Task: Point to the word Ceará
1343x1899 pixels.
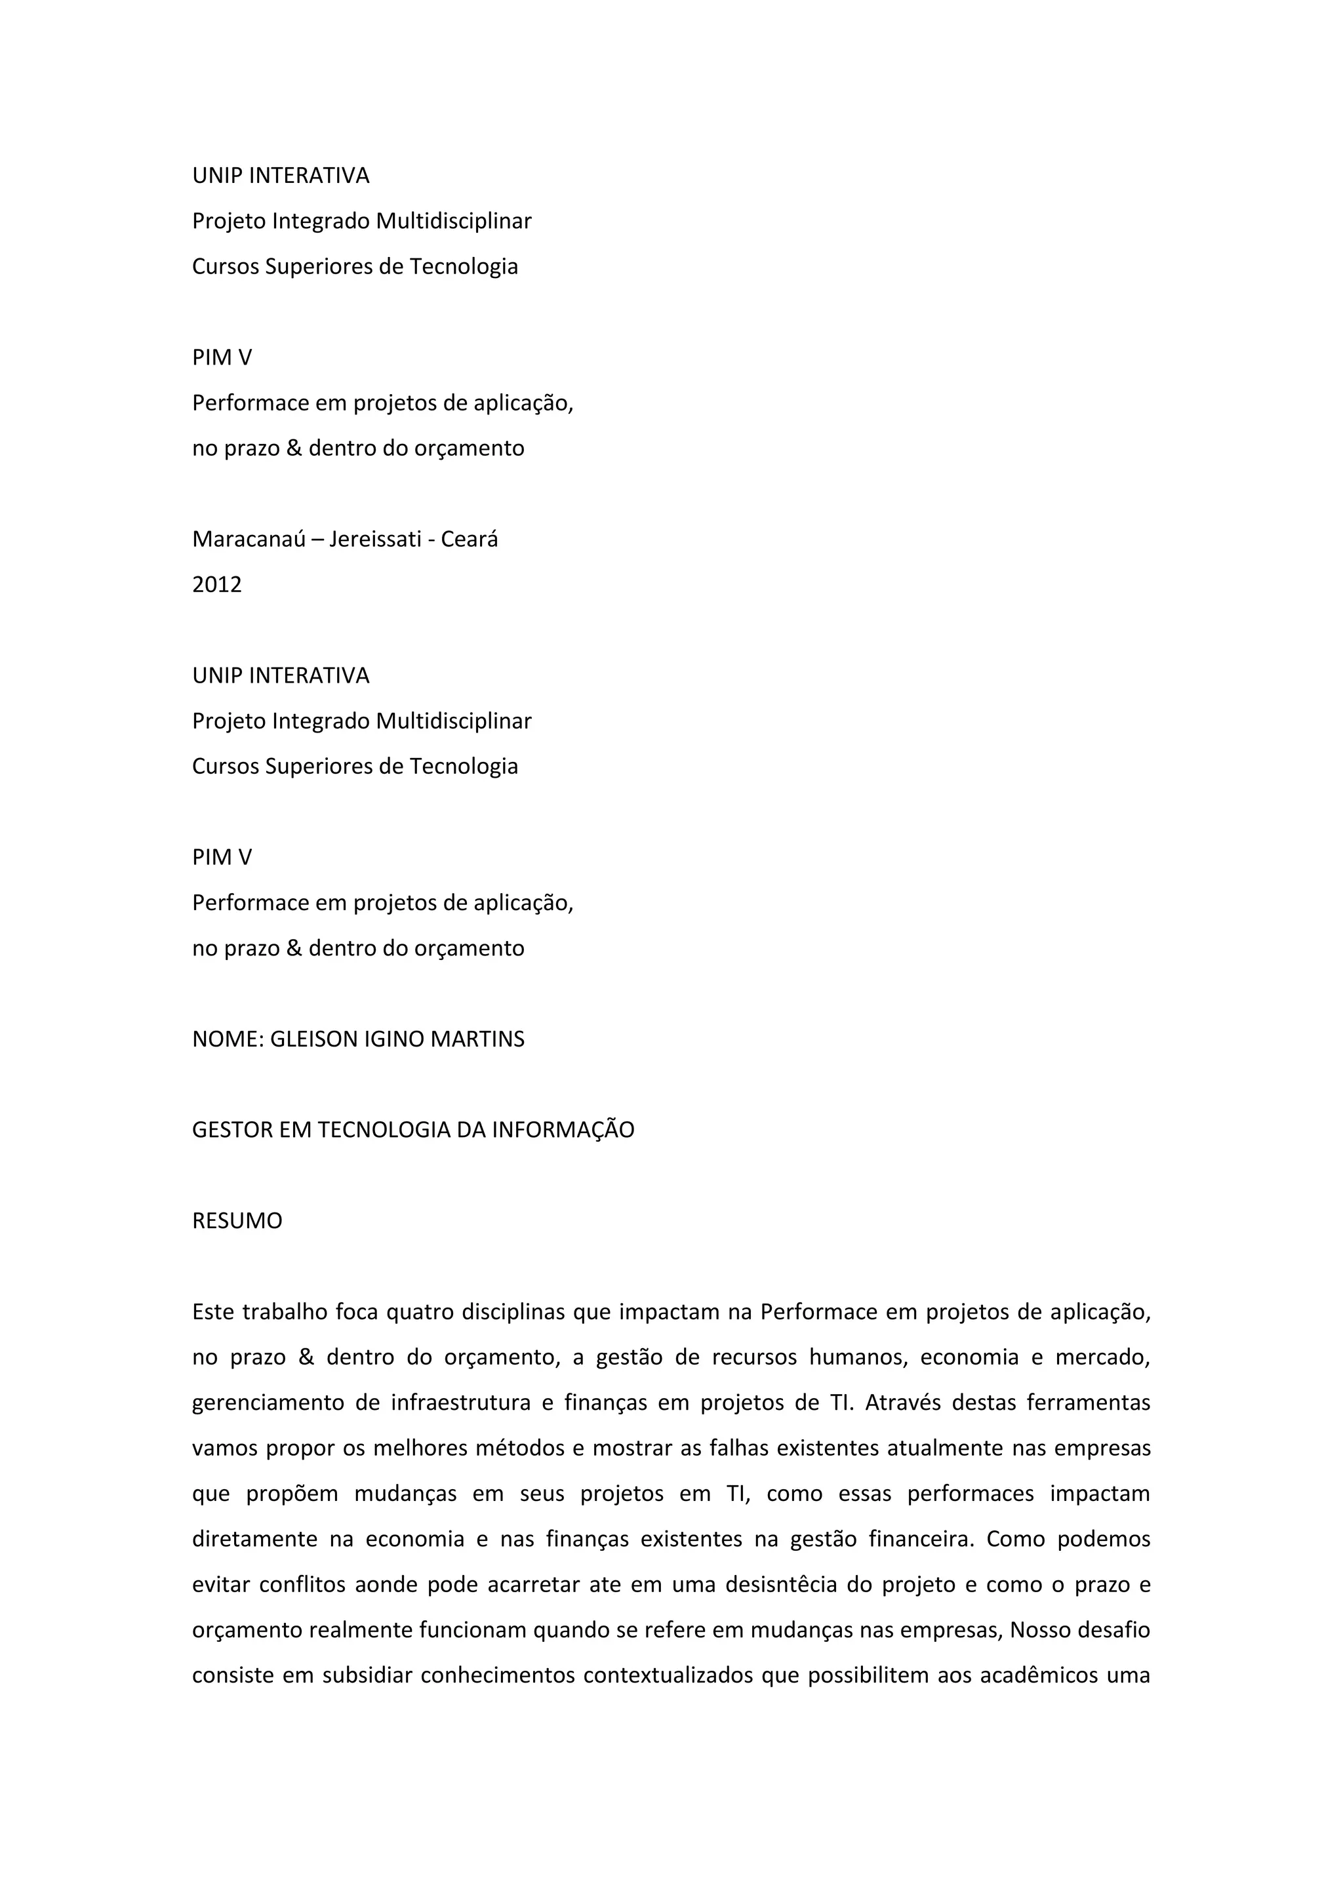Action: point(469,539)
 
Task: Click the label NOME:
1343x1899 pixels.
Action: point(228,1039)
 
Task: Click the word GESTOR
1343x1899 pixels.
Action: point(231,1130)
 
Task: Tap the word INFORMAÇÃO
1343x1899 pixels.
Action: point(563,1130)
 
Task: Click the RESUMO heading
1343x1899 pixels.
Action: point(237,1221)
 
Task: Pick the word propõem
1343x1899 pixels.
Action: point(292,1494)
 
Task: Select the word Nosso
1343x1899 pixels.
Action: point(1040,1630)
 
